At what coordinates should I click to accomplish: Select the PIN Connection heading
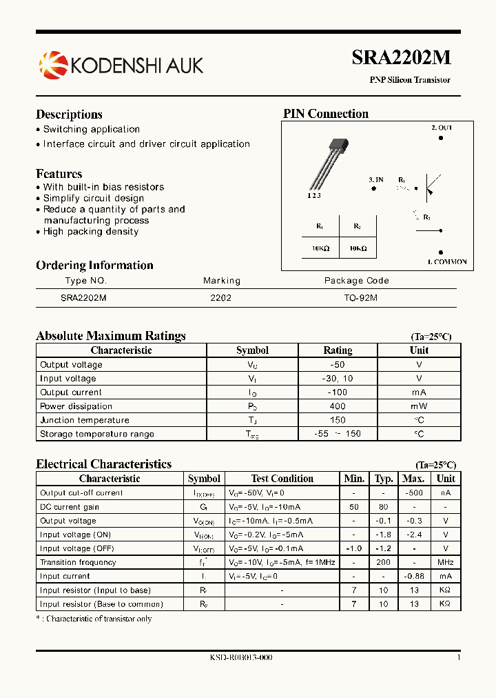(x=326, y=114)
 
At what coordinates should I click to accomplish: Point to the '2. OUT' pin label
(x=442, y=128)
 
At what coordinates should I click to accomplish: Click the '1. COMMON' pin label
(x=446, y=262)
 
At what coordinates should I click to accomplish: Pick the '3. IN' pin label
(x=375, y=179)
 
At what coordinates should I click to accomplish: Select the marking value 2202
(x=220, y=298)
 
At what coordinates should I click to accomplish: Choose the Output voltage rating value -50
(x=338, y=365)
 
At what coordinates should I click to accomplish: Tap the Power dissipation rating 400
(x=338, y=406)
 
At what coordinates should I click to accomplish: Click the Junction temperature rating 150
(x=338, y=420)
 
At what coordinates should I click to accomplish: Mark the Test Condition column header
(x=282, y=479)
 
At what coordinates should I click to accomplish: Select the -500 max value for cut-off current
(x=413, y=493)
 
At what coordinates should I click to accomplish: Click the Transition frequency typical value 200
(x=383, y=562)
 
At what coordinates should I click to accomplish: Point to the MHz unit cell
(x=446, y=562)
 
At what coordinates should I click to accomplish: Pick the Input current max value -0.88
(x=413, y=576)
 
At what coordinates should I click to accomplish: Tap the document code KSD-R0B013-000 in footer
(x=241, y=658)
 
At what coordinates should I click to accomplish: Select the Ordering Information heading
(x=94, y=266)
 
